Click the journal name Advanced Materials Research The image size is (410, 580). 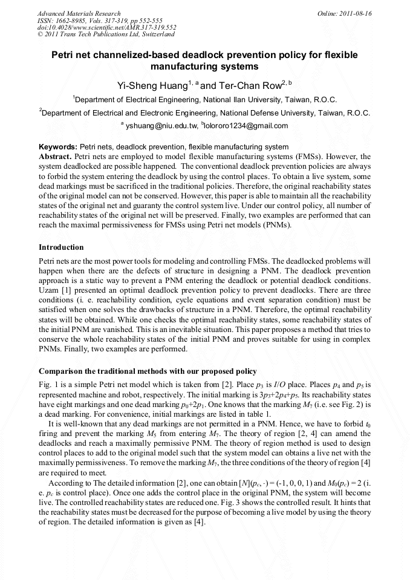pyautogui.click(x=79, y=13)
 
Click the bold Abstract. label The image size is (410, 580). pyautogui.click(x=55, y=156)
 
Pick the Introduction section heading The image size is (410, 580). pyautogui.click(x=61, y=247)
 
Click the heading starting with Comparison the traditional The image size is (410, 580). pyautogui.click(x=148, y=371)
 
